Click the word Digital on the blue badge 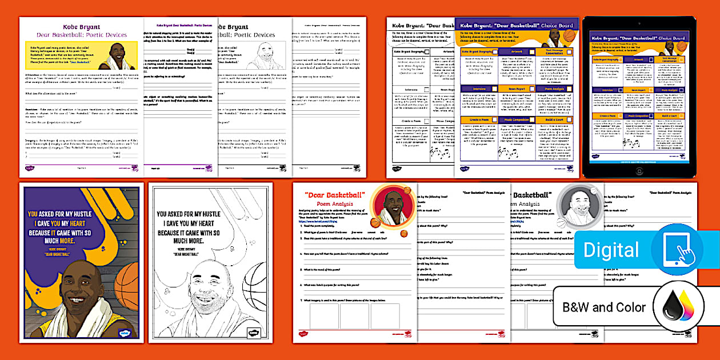pyautogui.click(x=611, y=250)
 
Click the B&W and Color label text pyautogui.click(x=603, y=307)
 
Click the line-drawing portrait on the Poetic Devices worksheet pyautogui.click(x=263, y=56)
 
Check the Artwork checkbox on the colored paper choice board pyautogui.click(x=531, y=52)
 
